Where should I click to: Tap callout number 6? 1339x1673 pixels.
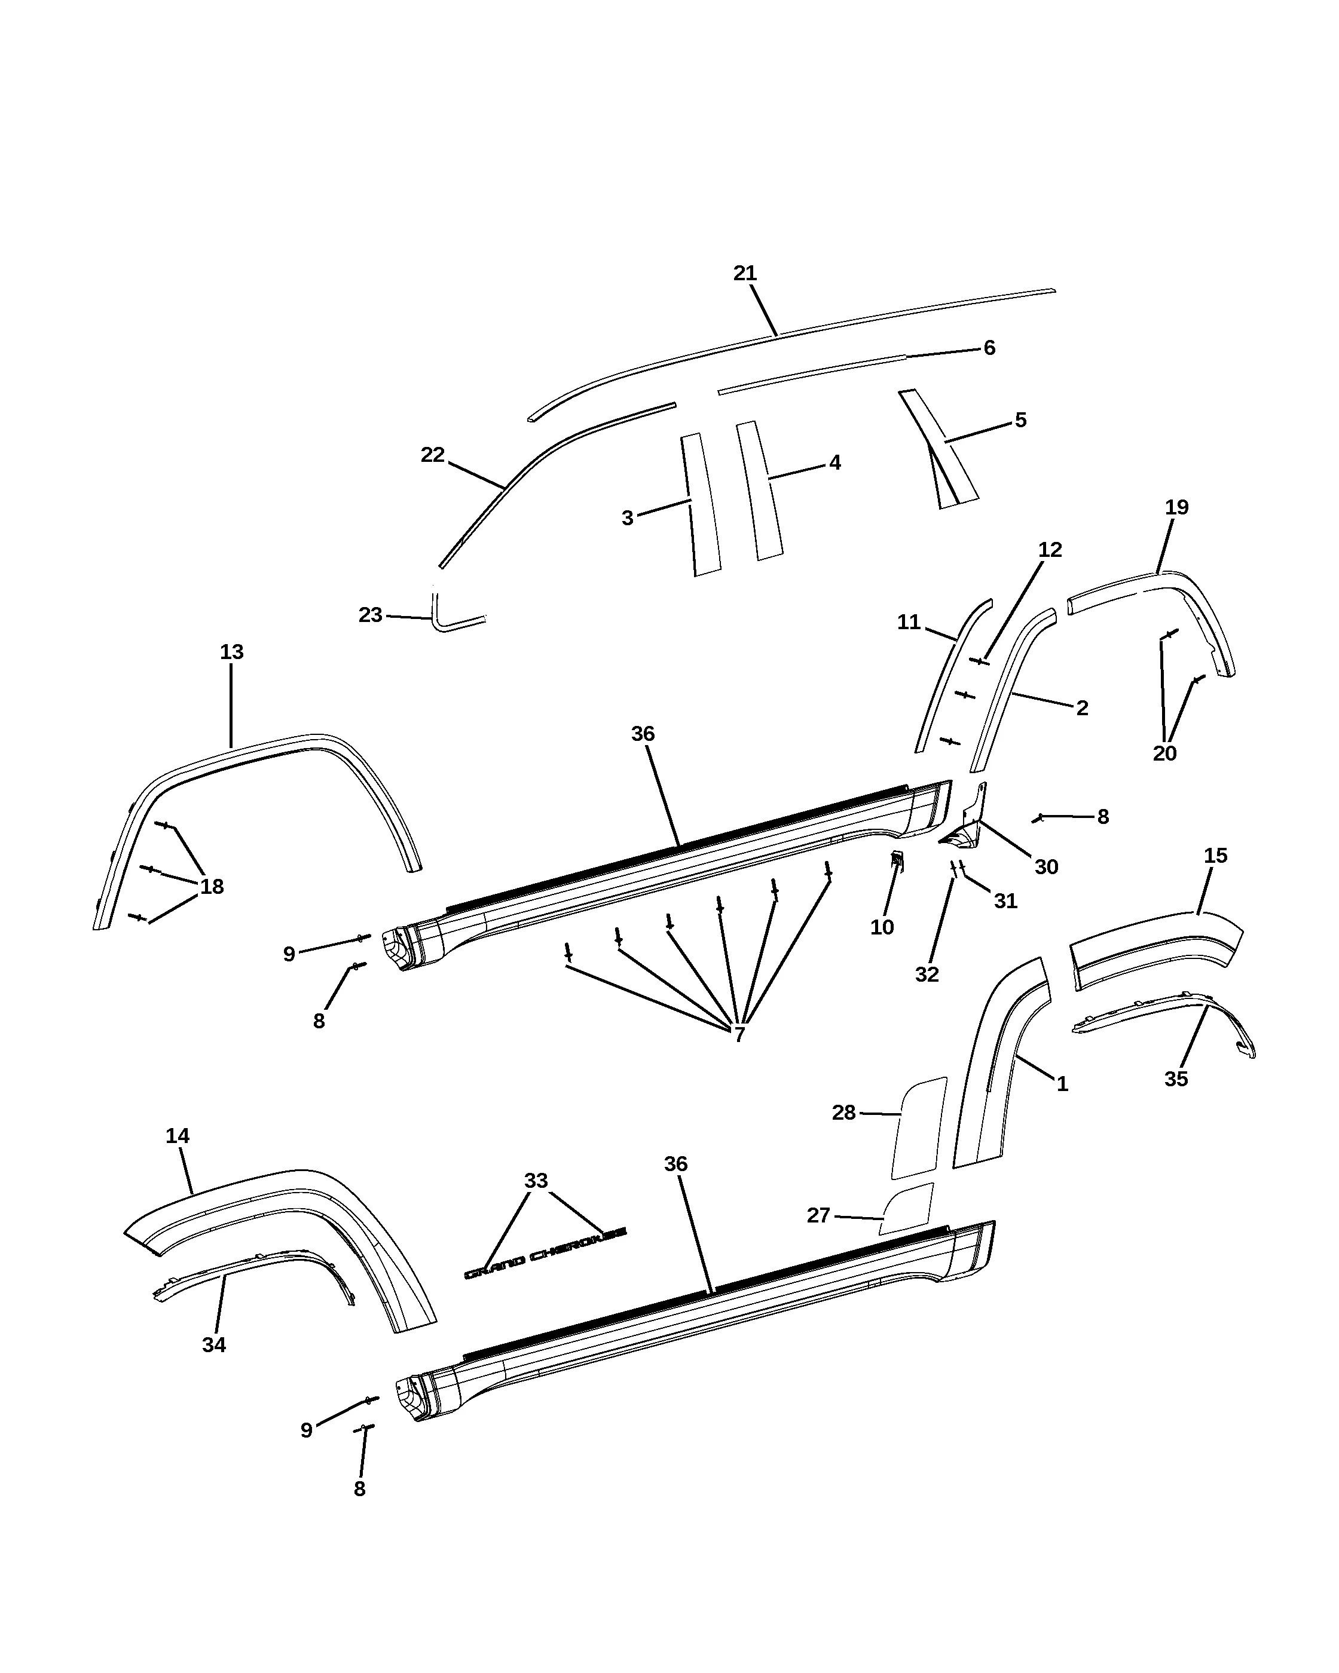(989, 348)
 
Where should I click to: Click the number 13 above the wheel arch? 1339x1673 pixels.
(231, 652)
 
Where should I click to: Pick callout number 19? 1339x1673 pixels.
(1177, 507)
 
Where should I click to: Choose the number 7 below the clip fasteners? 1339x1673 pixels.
(739, 1034)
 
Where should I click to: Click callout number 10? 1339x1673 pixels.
(882, 927)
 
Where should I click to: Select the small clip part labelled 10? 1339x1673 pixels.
(896, 860)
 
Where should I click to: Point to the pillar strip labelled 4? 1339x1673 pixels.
(759, 491)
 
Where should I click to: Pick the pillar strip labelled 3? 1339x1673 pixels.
(701, 504)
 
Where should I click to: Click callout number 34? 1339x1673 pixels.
(213, 1345)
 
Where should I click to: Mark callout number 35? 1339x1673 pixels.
(1176, 1078)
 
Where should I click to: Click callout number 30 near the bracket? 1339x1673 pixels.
(1046, 867)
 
